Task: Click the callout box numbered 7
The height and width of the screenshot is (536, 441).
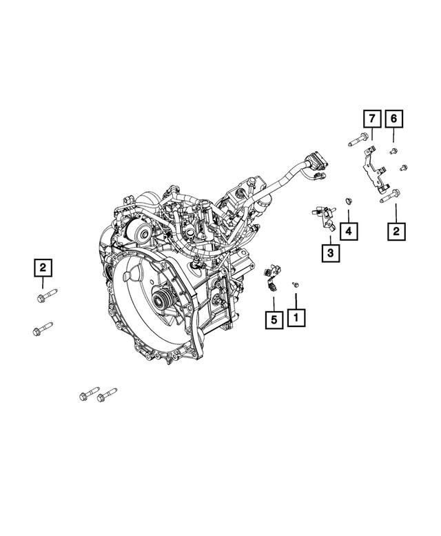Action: pyautogui.click(x=370, y=119)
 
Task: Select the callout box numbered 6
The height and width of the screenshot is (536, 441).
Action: pyautogui.click(x=393, y=119)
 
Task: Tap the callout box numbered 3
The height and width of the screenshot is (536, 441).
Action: pyautogui.click(x=330, y=254)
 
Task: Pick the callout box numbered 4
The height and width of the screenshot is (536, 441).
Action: pyautogui.click(x=349, y=230)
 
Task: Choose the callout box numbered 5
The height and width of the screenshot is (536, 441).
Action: pyautogui.click(x=273, y=319)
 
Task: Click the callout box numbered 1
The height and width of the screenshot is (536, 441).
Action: pyautogui.click(x=296, y=317)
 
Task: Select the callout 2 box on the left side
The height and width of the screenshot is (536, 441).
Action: pyautogui.click(x=43, y=266)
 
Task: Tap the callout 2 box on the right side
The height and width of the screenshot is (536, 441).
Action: pyautogui.click(x=396, y=231)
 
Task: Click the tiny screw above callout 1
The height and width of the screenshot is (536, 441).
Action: pyautogui.click(x=295, y=284)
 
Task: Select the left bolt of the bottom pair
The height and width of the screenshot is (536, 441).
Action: pyautogui.click(x=88, y=395)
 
